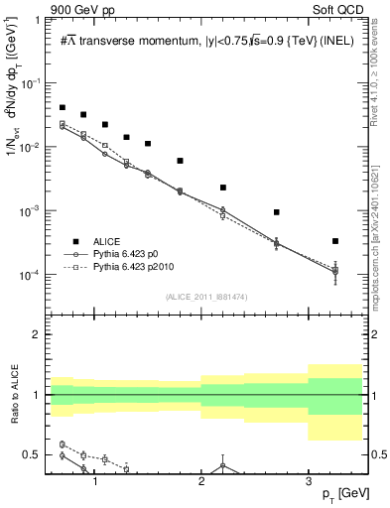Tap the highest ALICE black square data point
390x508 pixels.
point(63,107)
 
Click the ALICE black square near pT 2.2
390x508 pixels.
point(223,188)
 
